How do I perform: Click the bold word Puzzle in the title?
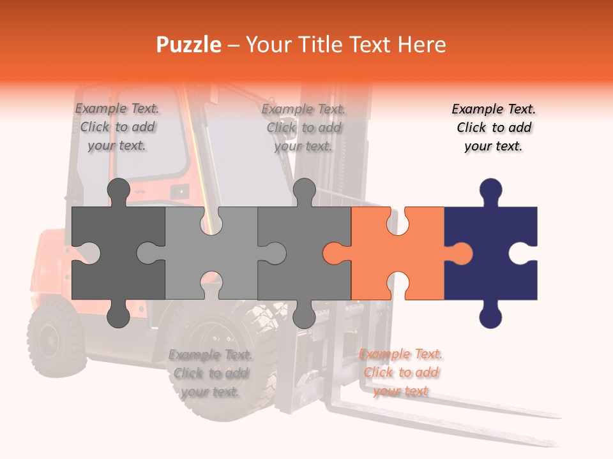[x=189, y=45]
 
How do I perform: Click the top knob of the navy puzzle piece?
[x=490, y=191]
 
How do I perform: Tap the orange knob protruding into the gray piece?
[x=333, y=253]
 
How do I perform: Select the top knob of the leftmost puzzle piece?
[x=118, y=191]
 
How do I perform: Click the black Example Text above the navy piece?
[x=494, y=127]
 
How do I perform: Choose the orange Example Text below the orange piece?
[x=400, y=372]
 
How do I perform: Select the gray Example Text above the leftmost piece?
[x=117, y=127]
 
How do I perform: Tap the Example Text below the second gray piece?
[x=210, y=373]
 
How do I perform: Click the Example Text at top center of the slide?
[x=303, y=127]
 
